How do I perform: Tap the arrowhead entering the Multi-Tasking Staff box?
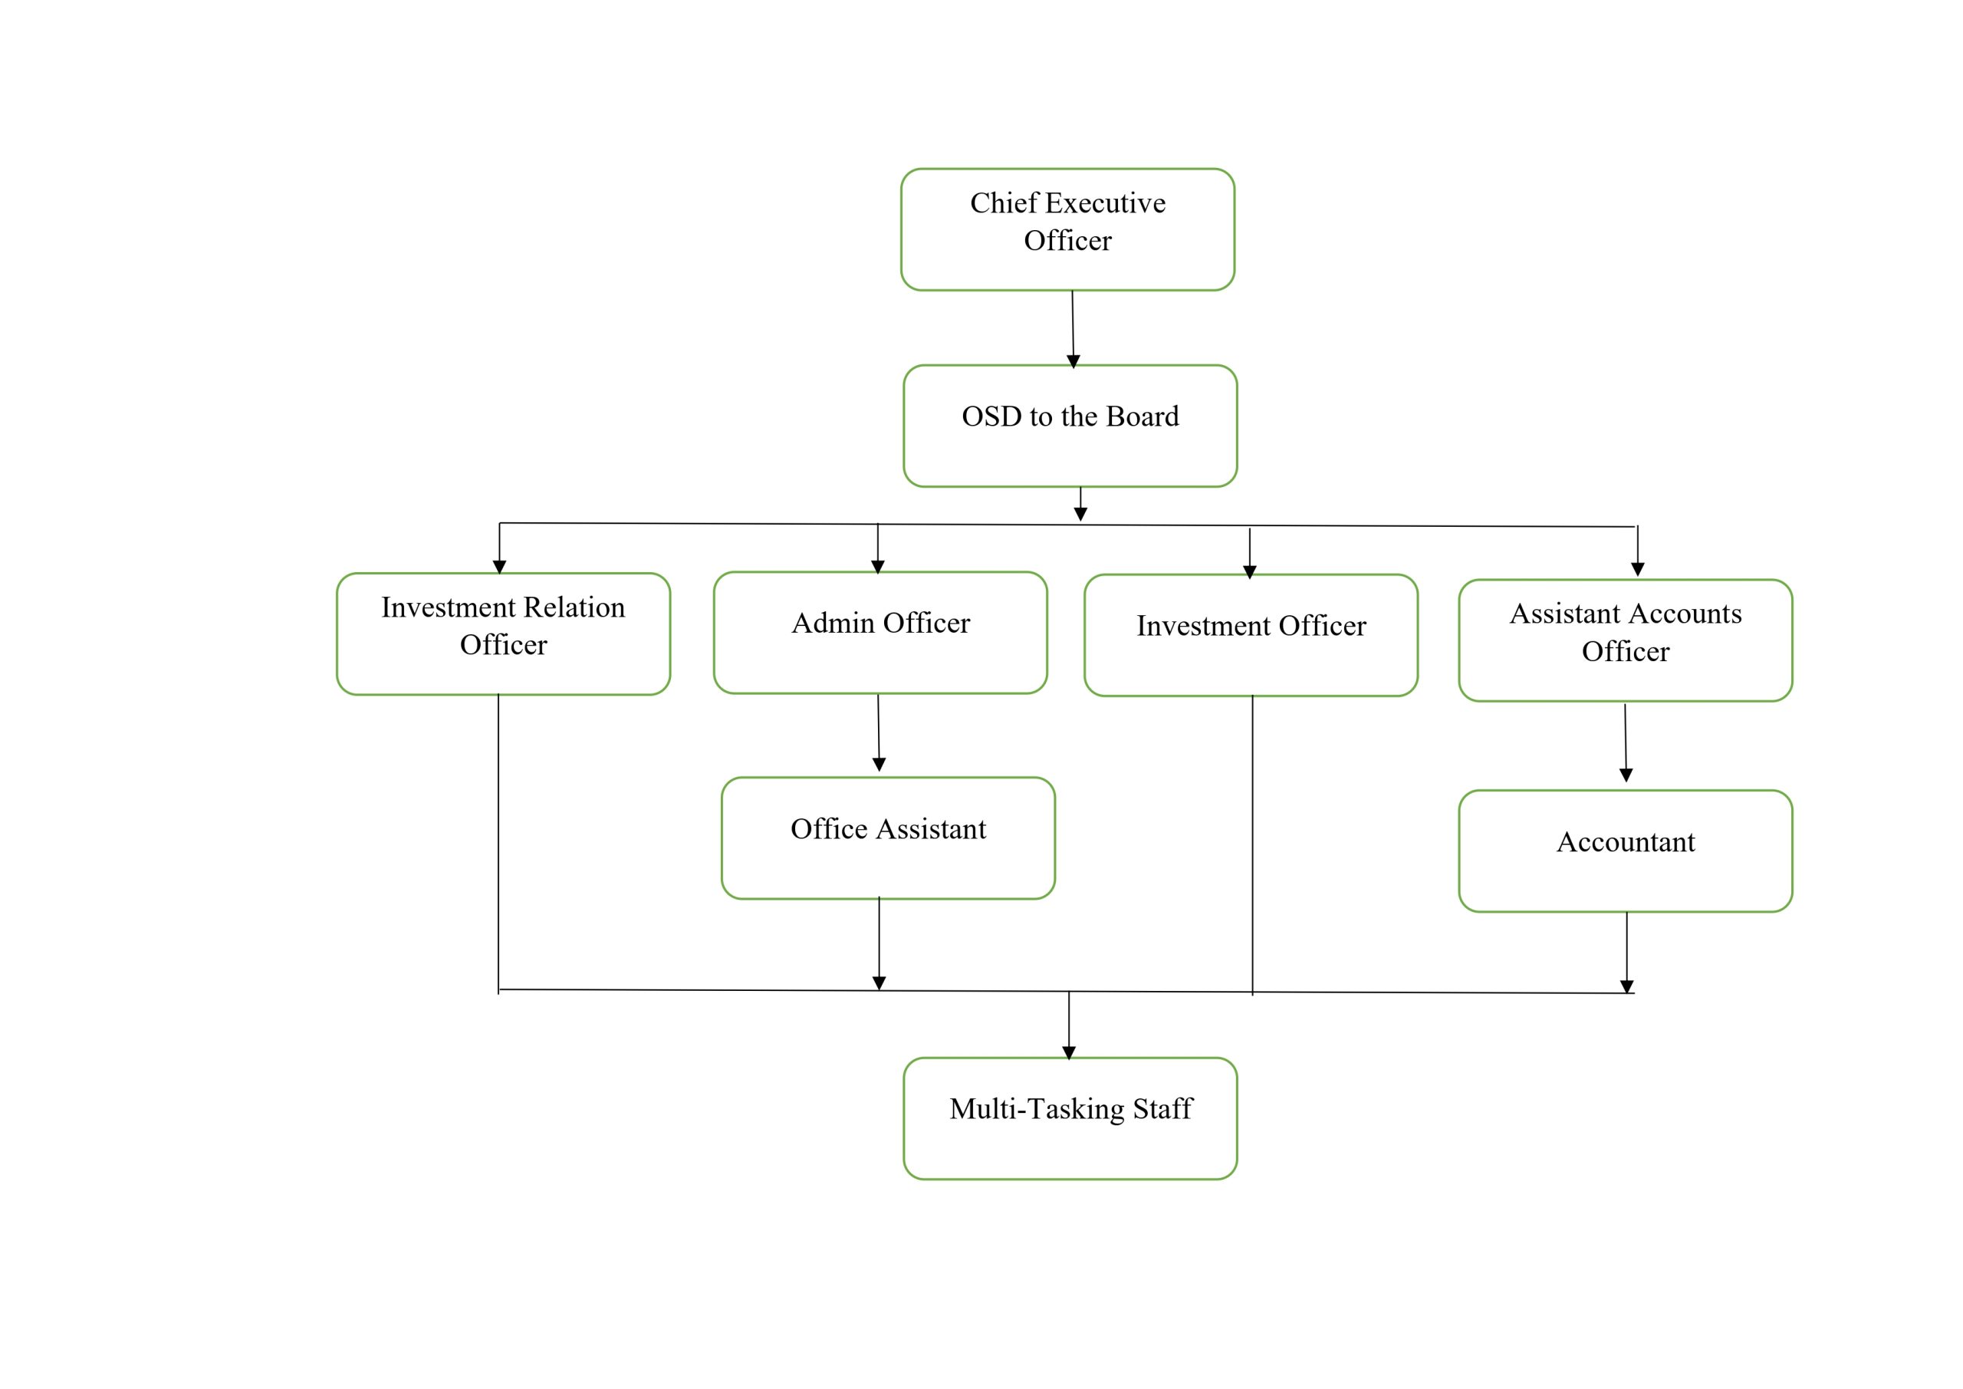1069,1053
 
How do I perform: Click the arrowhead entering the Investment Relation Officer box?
499,566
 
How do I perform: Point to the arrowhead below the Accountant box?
1626,986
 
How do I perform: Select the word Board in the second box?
1143,416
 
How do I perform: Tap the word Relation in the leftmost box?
574,607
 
